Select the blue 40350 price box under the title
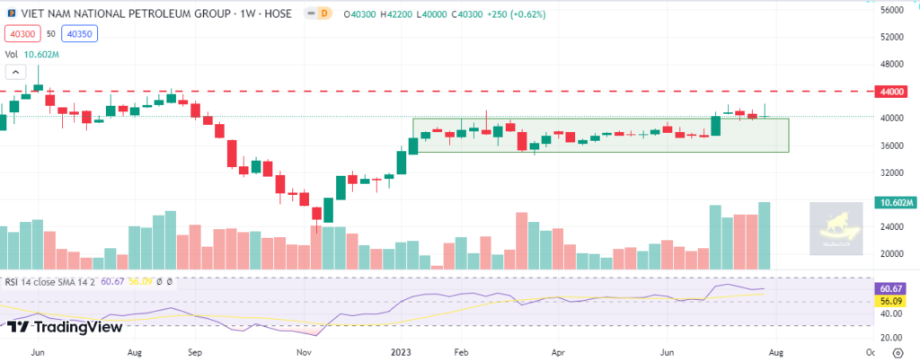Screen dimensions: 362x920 [x=79, y=34]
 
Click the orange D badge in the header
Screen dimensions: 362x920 [x=323, y=13]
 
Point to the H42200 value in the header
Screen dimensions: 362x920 [x=402, y=13]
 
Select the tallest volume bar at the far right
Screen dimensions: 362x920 [x=765, y=235]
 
